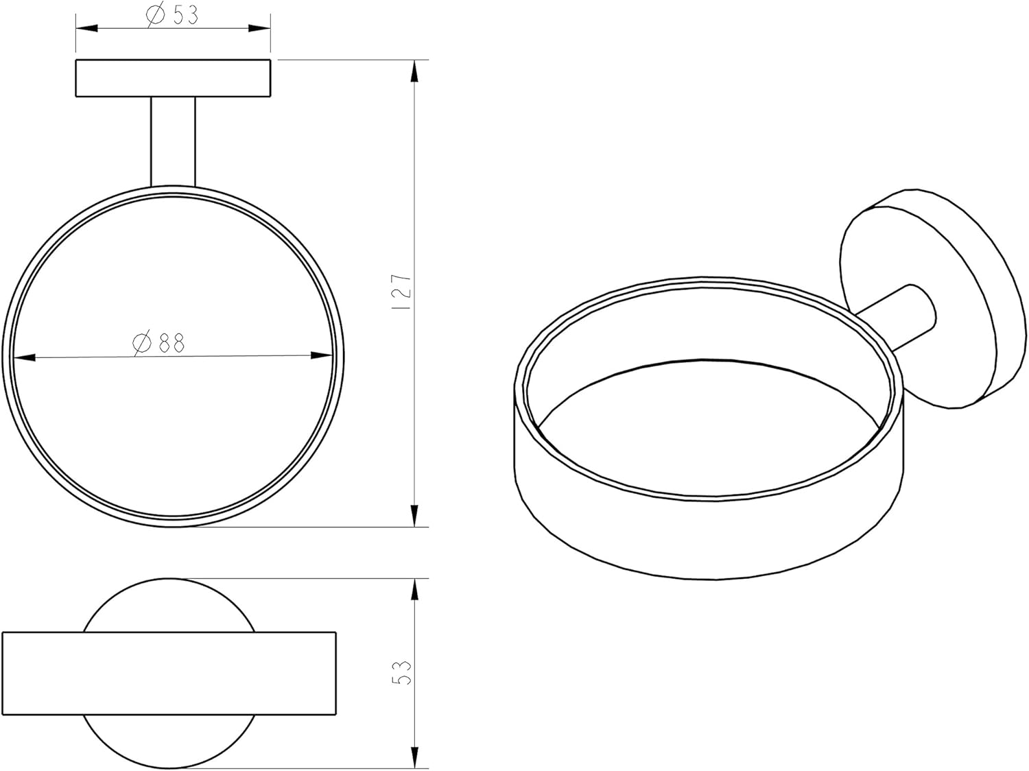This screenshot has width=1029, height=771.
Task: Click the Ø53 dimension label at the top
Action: tap(172, 14)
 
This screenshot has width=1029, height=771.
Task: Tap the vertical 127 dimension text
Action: tap(403, 292)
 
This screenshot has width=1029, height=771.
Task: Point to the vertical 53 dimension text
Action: tap(402, 673)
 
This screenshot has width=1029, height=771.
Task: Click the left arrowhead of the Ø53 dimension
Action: tap(86, 28)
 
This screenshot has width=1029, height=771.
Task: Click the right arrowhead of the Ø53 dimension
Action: tap(259, 28)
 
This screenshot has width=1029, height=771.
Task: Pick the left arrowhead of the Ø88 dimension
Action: tap(25, 358)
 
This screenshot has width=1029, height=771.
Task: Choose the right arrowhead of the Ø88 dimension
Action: tap(321, 356)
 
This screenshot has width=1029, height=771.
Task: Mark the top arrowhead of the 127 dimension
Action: tap(414, 72)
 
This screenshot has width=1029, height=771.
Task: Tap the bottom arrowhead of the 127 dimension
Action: tap(414, 516)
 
